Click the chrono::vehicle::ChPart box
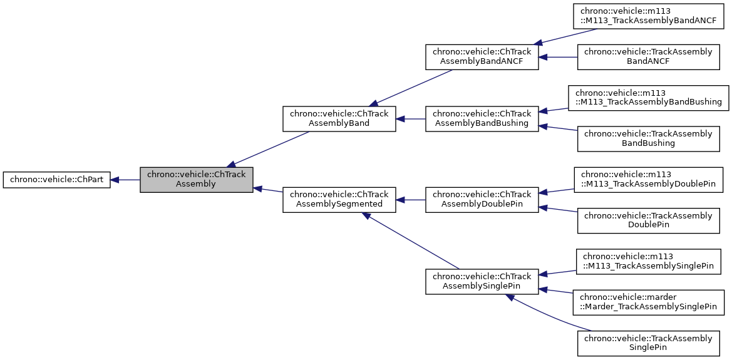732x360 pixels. [x=57, y=180]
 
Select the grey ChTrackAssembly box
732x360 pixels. [x=196, y=180]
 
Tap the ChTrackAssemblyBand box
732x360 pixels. [x=339, y=119]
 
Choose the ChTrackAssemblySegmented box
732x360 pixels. [x=339, y=200]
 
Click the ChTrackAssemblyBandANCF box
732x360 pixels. [x=482, y=57]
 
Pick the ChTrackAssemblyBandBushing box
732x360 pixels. [x=482, y=119]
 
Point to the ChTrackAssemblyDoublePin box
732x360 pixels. [x=482, y=200]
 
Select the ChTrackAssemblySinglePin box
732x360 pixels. [x=482, y=281]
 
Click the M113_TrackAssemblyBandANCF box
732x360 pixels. [x=648, y=16]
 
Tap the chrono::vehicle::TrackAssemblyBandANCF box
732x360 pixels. [x=648, y=57]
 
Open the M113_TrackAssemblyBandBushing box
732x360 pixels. [x=648, y=98]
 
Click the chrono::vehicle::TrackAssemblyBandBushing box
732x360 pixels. [x=648, y=138]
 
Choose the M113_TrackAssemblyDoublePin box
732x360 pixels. [x=648, y=180]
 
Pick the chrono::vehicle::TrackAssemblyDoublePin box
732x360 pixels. [x=648, y=220]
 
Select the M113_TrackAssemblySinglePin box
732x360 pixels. [x=648, y=261]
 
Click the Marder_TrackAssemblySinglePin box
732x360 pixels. [x=648, y=302]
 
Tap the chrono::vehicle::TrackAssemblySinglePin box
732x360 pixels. [x=648, y=342]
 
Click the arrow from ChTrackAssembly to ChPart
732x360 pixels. [x=125, y=180]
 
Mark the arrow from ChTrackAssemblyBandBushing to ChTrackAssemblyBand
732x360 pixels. [x=410, y=119]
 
